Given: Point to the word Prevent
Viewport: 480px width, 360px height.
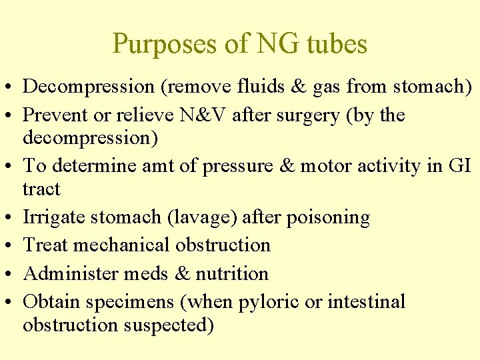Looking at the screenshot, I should tap(54, 115).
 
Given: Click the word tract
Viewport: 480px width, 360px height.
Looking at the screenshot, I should tap(41, 189).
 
